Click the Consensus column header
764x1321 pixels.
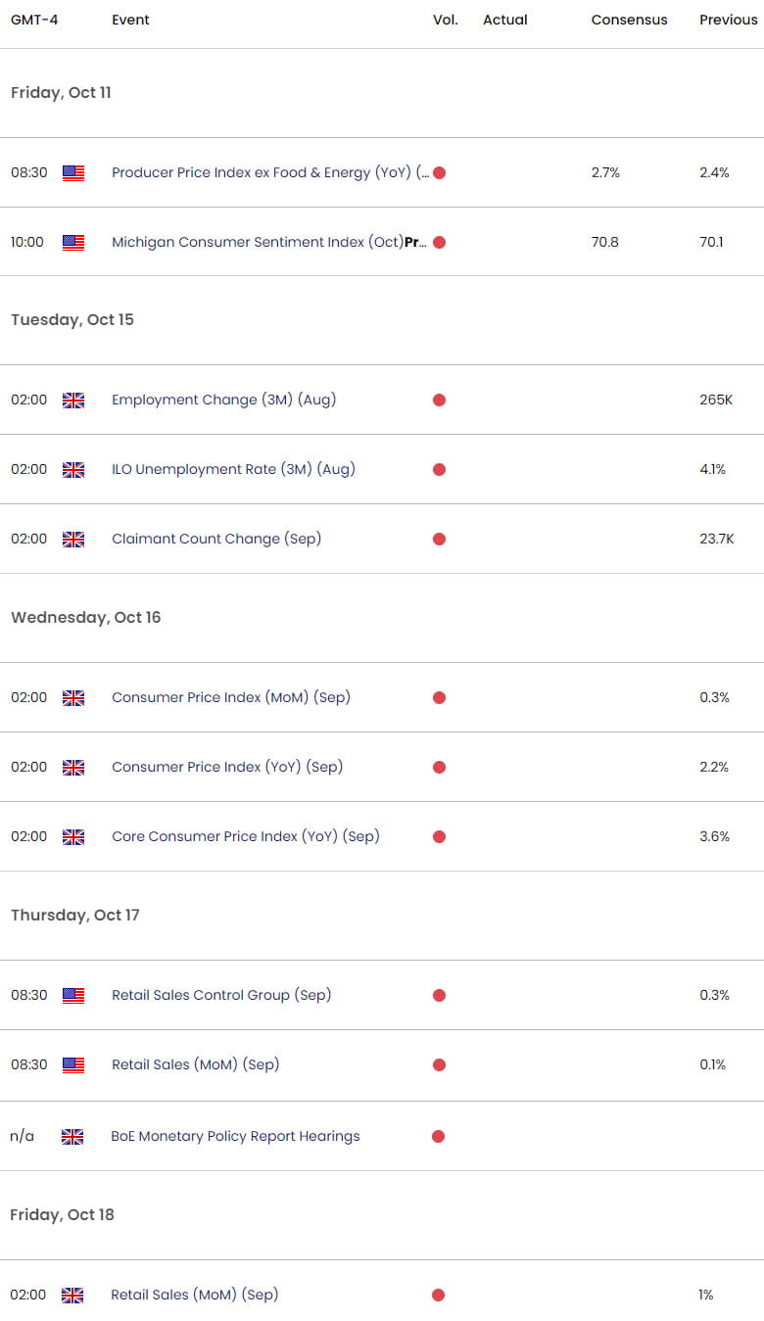(x=629, y=20)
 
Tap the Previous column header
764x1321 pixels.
(x=728, y=20)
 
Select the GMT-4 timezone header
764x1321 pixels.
(x=34, y=20)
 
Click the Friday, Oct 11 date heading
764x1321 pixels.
(x=61, y=92)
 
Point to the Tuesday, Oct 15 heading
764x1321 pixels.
(x=72, y=319)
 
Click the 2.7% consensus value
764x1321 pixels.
(x=605, y=172)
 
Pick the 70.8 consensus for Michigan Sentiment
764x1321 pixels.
(x=605, y=242)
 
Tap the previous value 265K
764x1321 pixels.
(x=714, y=400)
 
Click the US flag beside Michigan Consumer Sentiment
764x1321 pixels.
(x=73, y=242)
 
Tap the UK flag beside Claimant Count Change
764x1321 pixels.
(x=73, y=539)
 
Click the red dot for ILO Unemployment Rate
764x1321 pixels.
(x=439, y=469)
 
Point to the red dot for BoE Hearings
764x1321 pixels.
(x=438, y=1136)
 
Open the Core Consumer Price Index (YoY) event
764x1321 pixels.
(x=245, y=836)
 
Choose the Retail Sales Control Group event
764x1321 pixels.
(x=221, y=995)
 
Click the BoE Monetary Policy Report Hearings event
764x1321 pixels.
(x=235, y=1136)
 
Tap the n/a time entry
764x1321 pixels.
(x=23, y=1136)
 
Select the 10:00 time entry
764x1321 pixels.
(x=27, y=242)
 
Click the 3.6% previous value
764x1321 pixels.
(x=714, y=836)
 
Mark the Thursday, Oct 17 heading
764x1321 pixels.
(x=75, y=915)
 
